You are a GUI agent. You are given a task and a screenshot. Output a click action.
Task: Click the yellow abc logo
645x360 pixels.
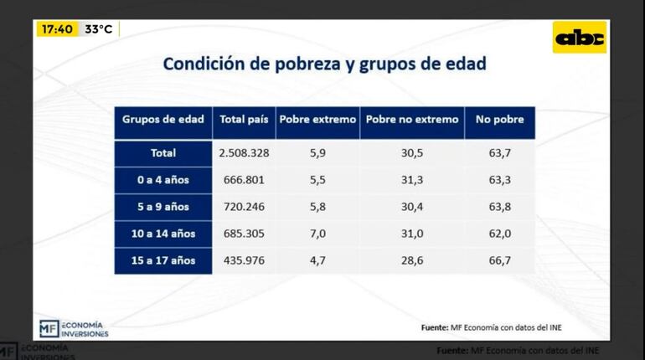580,38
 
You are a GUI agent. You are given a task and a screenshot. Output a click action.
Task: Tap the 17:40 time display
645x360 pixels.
57,29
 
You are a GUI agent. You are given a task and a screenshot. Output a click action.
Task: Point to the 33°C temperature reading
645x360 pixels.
98,29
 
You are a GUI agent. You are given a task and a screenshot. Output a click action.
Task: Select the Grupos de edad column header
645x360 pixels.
163,120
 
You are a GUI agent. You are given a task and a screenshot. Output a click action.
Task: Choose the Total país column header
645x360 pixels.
244,120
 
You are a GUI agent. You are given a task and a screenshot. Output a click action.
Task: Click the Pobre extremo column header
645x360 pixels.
317,120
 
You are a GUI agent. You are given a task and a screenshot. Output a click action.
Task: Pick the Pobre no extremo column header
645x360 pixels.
411,120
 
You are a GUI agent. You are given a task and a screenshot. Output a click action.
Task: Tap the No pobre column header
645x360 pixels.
499,120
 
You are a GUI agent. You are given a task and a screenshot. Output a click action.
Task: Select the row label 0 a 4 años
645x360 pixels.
163,180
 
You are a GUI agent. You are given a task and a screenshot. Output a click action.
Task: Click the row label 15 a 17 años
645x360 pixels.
163,260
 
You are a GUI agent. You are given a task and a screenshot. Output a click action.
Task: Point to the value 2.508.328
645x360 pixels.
244,153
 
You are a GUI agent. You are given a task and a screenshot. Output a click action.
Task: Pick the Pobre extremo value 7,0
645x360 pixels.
317,234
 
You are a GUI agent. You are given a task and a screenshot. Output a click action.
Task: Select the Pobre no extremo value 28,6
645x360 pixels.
411,260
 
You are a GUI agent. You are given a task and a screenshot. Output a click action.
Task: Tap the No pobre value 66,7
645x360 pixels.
499,260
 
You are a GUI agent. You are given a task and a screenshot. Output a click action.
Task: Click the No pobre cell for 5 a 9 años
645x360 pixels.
499,207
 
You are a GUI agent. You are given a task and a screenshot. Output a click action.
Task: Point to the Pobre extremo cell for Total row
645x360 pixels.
317,153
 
